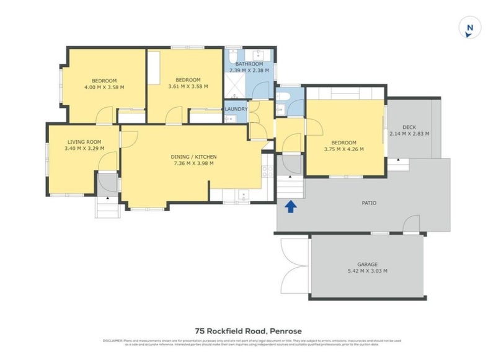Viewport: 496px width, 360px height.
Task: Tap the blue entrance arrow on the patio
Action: tap(290, 206)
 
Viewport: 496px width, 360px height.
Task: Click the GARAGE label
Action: tap(367, 264)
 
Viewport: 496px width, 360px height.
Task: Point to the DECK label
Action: tap(409, 127)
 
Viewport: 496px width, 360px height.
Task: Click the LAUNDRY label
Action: tap(236, 110)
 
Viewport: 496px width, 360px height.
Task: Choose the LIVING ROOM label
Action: tap(84, 142)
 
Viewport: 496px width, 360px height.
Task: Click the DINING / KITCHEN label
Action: tap(193, 157)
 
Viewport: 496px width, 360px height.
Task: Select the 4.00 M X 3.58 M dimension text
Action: tap(104, 87)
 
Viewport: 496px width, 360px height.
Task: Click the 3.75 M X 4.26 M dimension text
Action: tap(343, 149)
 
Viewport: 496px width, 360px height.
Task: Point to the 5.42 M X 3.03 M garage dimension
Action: tap(367, 271)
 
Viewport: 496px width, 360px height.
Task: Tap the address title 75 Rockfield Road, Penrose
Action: tap(247, 331)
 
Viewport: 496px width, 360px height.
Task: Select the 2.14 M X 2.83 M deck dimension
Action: tap(409, 134)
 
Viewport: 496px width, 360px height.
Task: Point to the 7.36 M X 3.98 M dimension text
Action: tap(193, 164)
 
